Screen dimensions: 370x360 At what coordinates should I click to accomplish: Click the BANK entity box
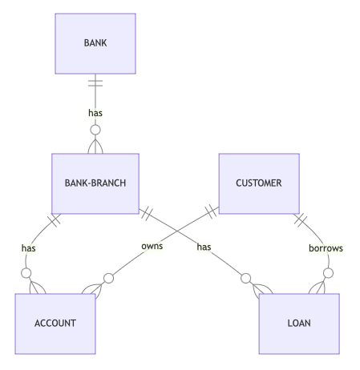tap(95, 43)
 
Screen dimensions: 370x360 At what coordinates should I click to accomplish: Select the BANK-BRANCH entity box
tap(95, 183)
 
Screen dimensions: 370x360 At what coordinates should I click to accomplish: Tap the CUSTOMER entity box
tap(258, 183)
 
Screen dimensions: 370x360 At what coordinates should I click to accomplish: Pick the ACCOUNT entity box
tap(55, 323)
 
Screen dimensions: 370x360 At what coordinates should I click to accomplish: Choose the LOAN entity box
tap(298, 323)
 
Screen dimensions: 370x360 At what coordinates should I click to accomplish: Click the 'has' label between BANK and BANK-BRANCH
tap(95, 113)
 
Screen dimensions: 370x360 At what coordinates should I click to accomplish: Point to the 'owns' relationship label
tap(152, 247)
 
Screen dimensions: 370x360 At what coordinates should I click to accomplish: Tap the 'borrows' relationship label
tap(326, 248)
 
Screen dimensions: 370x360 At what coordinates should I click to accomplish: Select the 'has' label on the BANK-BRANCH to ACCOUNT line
tap(29, 248)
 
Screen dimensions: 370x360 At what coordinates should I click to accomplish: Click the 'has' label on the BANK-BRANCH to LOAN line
tap(204, 247)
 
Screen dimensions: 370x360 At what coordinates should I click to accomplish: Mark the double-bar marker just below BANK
tap(95, 82)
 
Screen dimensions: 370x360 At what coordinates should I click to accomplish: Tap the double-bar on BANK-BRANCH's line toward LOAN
tap(147, 215)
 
